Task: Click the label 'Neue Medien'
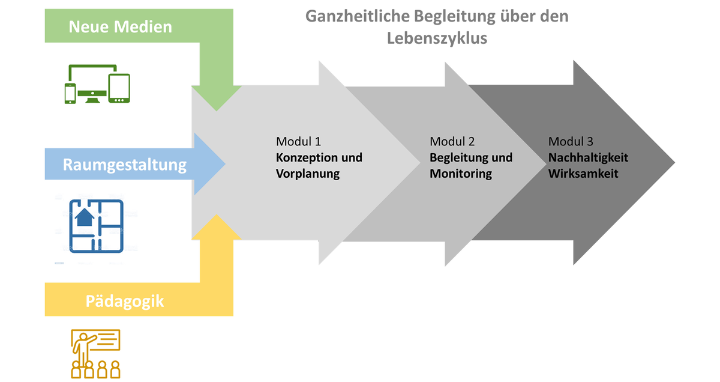pos(120,26)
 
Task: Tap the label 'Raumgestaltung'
pos(124,165)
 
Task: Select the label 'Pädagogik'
pos(125,302)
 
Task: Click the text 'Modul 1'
pos(298,142)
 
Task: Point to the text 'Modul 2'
pos(452,142)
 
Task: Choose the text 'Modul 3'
pos(571,142)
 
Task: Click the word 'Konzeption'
pos(305,158)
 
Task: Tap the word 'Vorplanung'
pos(308,174)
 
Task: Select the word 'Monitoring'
pos(461,174)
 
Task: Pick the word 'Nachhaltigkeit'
pos(588,158)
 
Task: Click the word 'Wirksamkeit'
pos(583,174)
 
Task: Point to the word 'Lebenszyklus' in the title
pos(437,38)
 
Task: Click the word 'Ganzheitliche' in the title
pos(357,16)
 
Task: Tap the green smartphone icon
pos(70,94)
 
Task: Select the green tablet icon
pos(119,88)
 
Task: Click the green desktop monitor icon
pos(92,83)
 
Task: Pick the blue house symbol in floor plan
pos(84,217)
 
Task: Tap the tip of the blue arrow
pos(226,164)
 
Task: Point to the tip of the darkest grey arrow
pos(674,163)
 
